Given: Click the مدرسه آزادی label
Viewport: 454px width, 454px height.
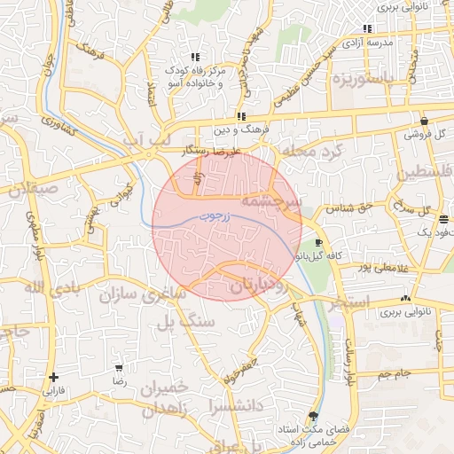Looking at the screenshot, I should click(368, 43).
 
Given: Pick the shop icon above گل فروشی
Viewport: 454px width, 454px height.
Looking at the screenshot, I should click(425, 121).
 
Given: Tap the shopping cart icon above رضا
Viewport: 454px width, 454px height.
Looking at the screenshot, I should click(120, 367).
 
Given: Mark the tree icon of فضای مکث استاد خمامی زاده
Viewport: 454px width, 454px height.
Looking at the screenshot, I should click(312, 415).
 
